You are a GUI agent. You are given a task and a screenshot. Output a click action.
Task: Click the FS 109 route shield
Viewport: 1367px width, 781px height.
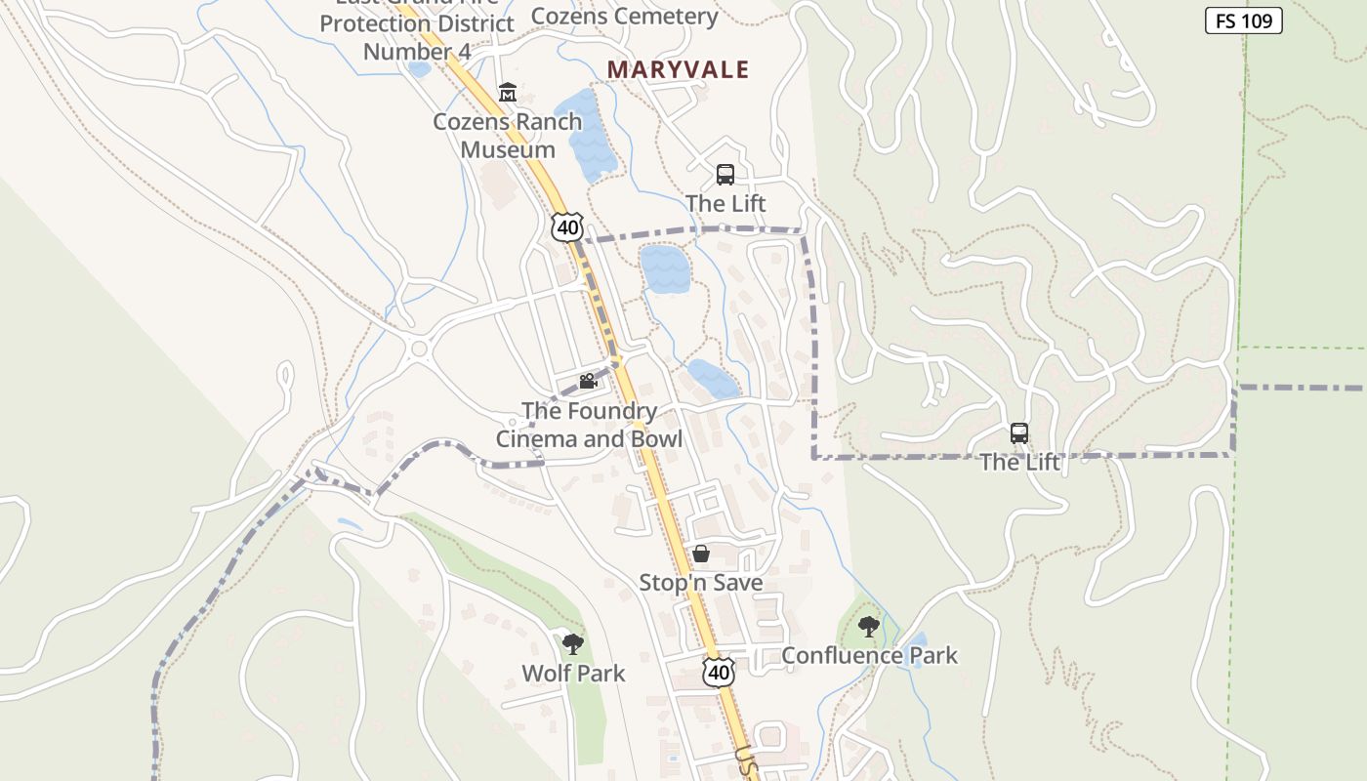point(1243,21)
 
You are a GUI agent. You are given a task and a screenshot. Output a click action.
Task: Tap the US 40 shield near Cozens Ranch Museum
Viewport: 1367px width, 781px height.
point(566,227)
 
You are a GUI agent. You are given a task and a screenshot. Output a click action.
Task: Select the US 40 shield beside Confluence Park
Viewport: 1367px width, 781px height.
point(719,672)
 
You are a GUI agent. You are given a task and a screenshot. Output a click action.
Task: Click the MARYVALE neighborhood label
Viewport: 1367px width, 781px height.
point(678,69)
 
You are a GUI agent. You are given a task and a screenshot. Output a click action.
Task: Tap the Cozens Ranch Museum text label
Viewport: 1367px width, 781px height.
point(508,136)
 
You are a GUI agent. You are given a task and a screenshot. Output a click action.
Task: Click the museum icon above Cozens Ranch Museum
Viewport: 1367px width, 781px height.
point(508,94)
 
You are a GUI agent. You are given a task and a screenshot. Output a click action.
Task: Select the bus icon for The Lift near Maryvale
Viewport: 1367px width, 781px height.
point(725,175)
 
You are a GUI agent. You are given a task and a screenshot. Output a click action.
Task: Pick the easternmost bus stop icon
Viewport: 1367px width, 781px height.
point(1018,432)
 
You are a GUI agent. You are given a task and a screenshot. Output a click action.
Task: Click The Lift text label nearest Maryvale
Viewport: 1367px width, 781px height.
point(725,203)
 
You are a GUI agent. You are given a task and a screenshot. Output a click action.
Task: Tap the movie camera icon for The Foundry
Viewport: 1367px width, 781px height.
point(588,382)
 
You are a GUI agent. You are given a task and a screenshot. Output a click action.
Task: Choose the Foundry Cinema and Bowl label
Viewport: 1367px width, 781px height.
point(589,425)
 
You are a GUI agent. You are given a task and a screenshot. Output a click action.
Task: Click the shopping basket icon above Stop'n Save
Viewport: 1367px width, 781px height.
point(701,555)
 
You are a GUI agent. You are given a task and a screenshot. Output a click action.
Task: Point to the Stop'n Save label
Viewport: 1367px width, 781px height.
point(700,583)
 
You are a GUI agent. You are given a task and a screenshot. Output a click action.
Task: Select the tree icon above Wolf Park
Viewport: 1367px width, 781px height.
point(573,643)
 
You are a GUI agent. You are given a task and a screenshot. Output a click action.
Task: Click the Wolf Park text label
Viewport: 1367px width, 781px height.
point(573,673)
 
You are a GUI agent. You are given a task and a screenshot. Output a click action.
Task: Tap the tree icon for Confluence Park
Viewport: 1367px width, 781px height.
point(868,627)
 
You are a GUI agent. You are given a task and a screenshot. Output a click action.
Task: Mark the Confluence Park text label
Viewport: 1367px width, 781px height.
point(869,655)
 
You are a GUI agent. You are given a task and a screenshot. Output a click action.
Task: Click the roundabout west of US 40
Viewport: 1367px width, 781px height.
point(420,348)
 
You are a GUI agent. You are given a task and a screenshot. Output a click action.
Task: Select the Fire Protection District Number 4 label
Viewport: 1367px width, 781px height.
point(418,37)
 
